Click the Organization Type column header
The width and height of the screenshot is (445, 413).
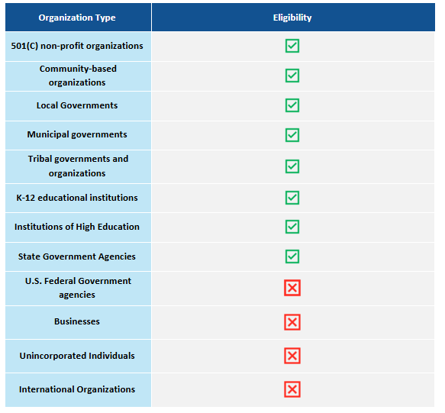(x=77, y=18)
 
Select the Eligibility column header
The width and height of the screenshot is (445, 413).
(x=292, y=18)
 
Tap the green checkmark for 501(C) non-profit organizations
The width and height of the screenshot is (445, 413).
(x=292, y=46)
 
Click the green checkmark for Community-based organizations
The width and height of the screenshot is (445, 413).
(x=292, y=76)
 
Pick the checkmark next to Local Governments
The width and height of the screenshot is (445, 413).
(x=292, y=105)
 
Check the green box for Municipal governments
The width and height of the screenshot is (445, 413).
(x=292, y=135)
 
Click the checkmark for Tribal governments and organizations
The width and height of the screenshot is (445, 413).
(x=292, y=166)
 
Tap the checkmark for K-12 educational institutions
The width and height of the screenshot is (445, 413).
(x=292, y=198)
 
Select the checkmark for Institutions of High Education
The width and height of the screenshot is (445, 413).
(x=292, y=227)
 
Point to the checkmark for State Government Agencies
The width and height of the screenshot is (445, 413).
(x=292, y=257)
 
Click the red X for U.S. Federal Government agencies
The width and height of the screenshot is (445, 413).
(x=292, y=288)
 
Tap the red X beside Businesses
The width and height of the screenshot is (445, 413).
(x=292, y=322)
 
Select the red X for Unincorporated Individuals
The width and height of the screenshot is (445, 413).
(x=292, y=356)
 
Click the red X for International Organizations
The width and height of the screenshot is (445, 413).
(x=292, y=389)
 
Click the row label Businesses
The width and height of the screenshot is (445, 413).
(x=77, y=322)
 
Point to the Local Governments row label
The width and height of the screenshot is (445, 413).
(x=77, y=105)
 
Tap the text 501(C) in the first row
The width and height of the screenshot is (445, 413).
(x=27, y=46)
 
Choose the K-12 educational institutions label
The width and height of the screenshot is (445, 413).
(x=77, y=198)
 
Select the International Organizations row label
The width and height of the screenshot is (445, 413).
(x=77, y=389)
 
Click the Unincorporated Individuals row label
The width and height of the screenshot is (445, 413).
(x=77, y=356)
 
